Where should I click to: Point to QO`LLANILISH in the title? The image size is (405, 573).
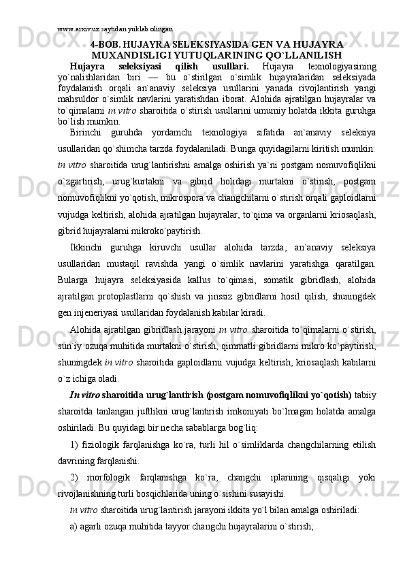click(x=306, y=54)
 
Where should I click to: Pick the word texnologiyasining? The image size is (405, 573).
click(x=342, y=66)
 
